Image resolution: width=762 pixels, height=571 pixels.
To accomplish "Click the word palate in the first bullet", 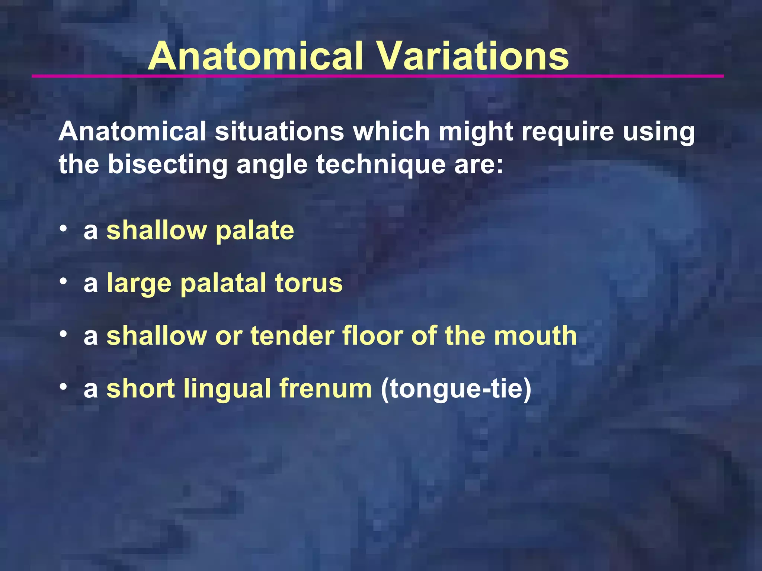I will (x=255, y=231).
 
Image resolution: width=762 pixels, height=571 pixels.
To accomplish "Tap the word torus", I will (x=308, y=283).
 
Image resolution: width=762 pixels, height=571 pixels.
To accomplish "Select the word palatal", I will (x=223, y=284).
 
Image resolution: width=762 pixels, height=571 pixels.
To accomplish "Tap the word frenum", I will (x=326, y=388).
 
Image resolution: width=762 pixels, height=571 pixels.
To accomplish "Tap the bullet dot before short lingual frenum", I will (x=64, y=386).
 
